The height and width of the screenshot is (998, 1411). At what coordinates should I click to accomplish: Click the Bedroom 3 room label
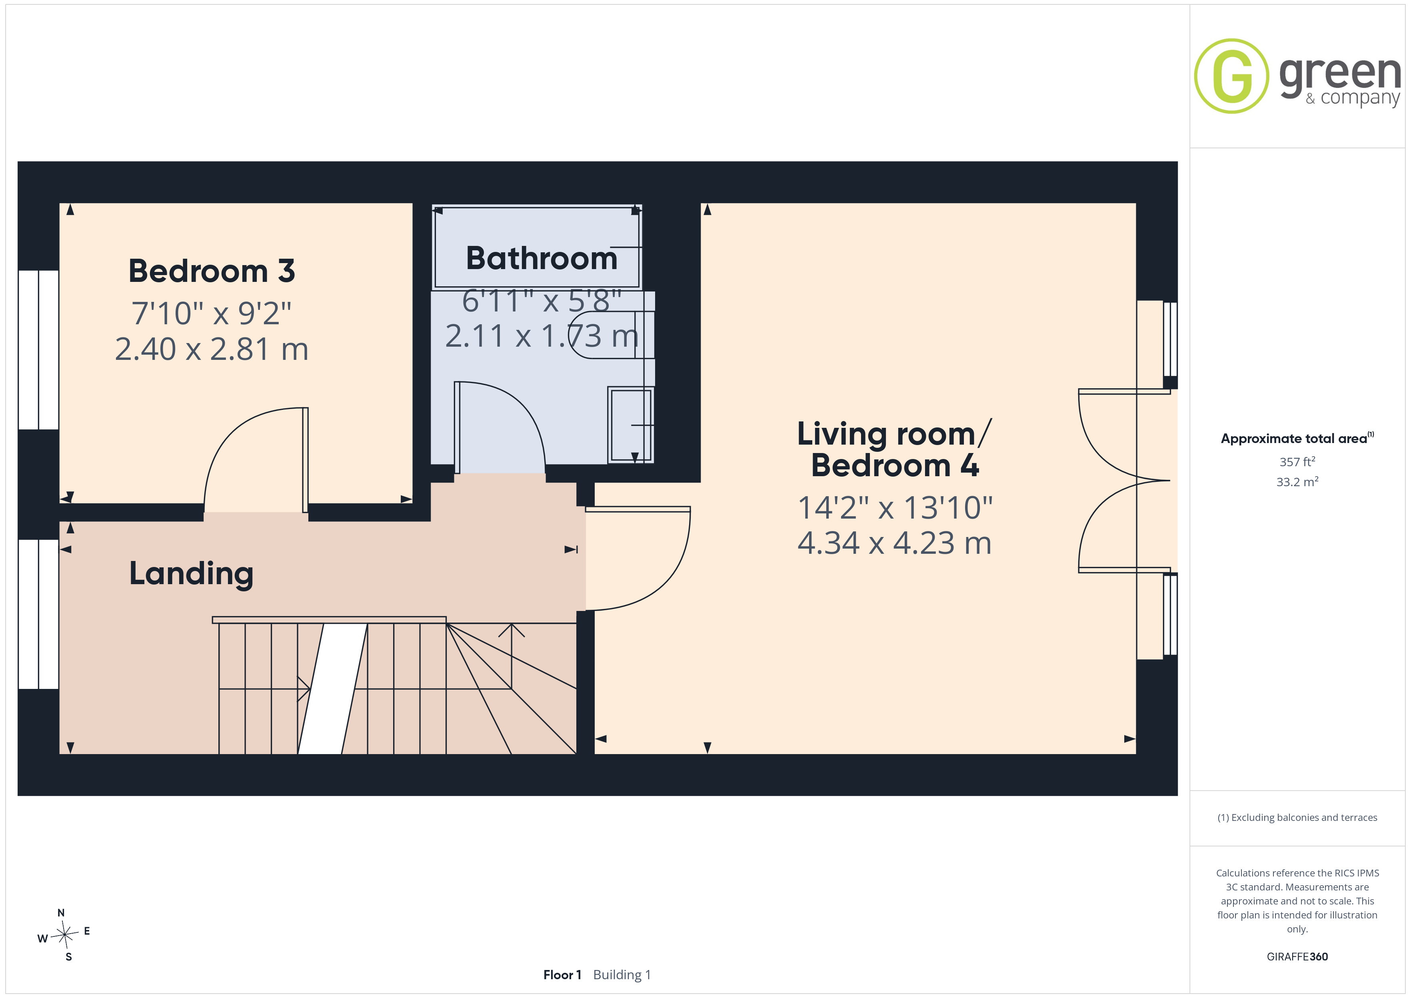(212, 271)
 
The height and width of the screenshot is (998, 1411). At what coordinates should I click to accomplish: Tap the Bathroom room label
(542, 258)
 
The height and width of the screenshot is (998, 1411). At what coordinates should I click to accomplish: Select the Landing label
(191, 574)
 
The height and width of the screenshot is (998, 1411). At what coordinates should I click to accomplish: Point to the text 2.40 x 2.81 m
(212, 349)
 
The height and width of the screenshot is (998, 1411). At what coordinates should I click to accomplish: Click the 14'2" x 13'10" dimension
(895, 508)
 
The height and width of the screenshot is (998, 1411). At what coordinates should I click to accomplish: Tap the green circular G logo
(1231, 76)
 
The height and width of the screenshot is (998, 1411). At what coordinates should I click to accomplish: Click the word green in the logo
(1340, 74)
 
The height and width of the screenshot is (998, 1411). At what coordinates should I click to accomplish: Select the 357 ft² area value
(1297, 461)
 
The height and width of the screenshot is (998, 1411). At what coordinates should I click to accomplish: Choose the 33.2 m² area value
(1297, 482)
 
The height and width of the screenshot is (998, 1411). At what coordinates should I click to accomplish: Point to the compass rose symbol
(64, 935)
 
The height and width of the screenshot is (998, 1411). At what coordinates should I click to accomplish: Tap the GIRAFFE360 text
(1297, 957)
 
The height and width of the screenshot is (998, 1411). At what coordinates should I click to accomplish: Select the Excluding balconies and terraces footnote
(1297, 817)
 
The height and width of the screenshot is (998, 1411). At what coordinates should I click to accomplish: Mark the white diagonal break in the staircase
(332, 689)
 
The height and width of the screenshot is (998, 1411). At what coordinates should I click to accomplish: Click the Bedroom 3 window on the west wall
(38, 350)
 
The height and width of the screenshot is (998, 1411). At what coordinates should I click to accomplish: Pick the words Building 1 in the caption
(622, 975)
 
